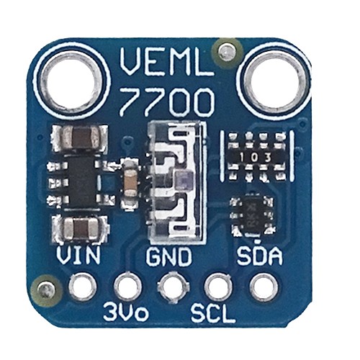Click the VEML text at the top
pyautogui.click(x=167, y=62)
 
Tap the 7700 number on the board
pyautogui.click(x=167, y=102)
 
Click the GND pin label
pyautogui.click(x=169, y=256)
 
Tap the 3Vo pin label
pyautogui.click(x=126, y=312)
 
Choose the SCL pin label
pyautogui.click(x=213, y=312)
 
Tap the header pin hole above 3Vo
pyautogui.click(x=127, y=287)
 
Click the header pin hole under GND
pyautogui.click(x=173, y=287)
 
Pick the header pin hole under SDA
pyautogui.click(x=264, y=287)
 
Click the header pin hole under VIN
pyautogui.click(x=83, y=287)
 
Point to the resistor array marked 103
pyautogui.click(x=256, y=157)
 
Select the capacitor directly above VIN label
pyautogui.click(x=80, y=228)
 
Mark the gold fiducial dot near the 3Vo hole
pyautogui.click(x=45, y=290)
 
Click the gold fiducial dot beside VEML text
pyautogui.click(x=227, y=51)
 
